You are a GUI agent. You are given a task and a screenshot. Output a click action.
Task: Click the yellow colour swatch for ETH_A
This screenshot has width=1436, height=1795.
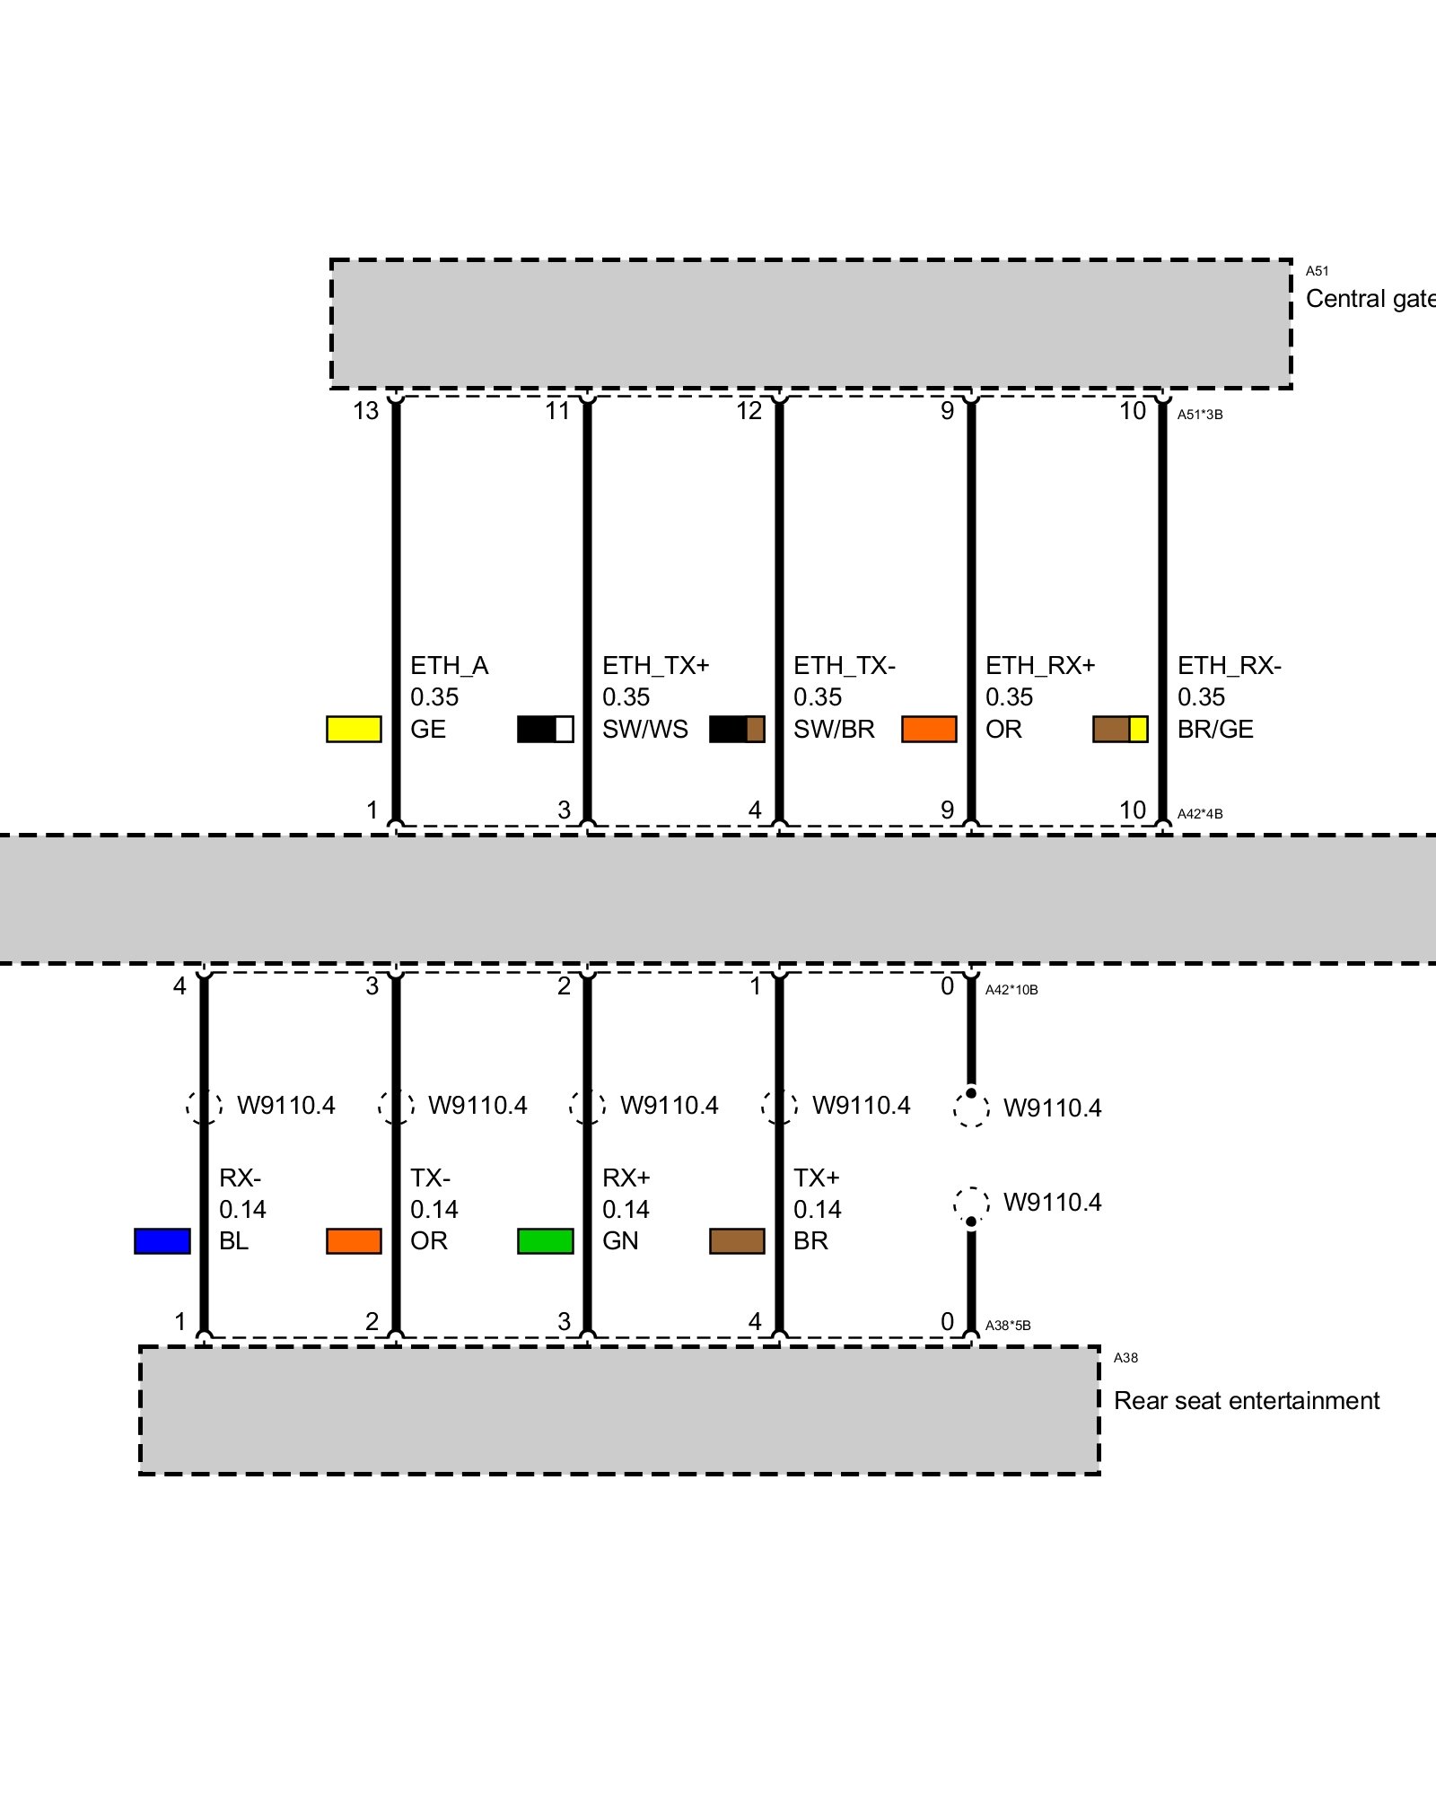point(354,729)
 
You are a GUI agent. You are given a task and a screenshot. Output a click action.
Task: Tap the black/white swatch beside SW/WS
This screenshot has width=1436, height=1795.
point(545,729)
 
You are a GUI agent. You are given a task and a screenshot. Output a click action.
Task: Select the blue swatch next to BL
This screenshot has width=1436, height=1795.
point(162,1240)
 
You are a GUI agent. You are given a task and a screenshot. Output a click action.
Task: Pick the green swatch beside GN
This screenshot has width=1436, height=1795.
point(545,1240)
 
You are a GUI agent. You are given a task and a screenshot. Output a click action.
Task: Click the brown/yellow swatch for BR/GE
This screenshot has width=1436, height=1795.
point(1120,729)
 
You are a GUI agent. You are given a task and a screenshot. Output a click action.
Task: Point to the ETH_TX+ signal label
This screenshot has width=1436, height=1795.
point(655,666)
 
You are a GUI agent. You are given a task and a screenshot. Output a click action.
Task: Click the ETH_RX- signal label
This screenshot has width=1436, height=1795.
point(1229,666)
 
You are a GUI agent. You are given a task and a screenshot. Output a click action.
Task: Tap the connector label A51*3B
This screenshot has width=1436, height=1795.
point(1200,415)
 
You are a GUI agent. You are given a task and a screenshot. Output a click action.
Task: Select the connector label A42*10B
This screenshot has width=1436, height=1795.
point(1011,990)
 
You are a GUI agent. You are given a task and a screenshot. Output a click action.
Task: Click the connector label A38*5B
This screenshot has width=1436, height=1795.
point(1008,1326)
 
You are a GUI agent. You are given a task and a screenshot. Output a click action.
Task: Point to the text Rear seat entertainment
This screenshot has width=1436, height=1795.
point(1246,1400)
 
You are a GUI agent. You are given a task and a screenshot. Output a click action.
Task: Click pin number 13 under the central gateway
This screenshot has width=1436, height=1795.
point(366,411)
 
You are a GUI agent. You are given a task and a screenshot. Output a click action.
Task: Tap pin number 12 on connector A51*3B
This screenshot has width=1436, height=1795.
point(749,411)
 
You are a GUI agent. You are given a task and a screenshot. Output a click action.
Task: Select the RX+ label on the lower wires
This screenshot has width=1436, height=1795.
point(626,1178)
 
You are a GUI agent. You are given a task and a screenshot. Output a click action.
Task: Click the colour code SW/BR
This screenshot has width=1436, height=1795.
point(834,729)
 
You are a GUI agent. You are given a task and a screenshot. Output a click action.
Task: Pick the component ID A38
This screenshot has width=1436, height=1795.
point(1125,1358)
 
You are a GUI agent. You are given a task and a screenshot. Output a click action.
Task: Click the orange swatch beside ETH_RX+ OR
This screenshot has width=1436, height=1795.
point(929,729)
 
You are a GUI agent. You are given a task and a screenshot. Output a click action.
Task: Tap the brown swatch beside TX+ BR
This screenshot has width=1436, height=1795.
point(737,1240)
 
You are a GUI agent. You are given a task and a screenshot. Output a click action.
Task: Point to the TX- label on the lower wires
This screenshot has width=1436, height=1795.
point(431,1178)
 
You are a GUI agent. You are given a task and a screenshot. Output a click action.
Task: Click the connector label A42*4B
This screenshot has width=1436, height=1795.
point(1200,814)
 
